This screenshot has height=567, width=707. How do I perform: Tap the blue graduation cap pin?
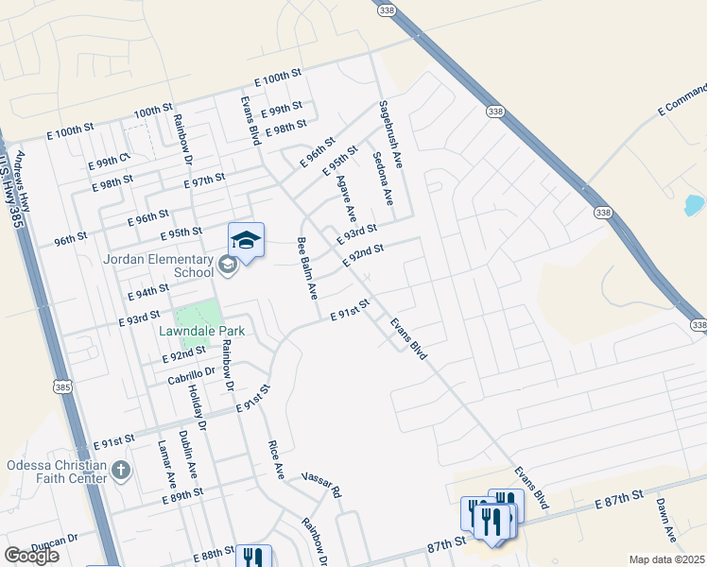[246, 242]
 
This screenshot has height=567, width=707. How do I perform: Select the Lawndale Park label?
[201, 331]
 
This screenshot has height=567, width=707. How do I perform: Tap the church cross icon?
[120, 471]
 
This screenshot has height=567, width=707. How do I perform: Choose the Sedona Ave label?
[383, 179]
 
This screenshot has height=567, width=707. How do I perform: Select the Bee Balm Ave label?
[307, 268]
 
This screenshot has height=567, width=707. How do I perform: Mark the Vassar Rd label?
[321, 486]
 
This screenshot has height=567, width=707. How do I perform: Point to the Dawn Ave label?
[666, 520]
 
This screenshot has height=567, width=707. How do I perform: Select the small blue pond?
[694, 205]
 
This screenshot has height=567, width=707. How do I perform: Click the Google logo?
[31, 556]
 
